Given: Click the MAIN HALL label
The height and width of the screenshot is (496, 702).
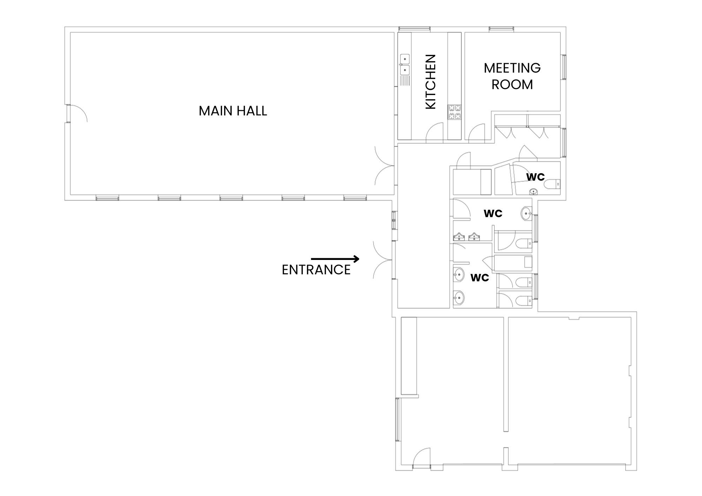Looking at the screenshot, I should click(233, 111).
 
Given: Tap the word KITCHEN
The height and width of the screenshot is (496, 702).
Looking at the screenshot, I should click(430, 82).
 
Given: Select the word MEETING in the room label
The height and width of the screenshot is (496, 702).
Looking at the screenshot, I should click(512, 68).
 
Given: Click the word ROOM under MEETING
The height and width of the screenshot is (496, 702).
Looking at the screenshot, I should click(512, 85).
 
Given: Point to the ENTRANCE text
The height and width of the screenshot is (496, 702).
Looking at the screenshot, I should click(316, 270).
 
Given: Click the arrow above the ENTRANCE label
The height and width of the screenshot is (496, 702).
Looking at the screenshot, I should click(335, 259).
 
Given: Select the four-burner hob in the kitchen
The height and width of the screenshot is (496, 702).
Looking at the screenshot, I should click(455, 112).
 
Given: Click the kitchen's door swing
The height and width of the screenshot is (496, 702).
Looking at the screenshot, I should click(435, 133).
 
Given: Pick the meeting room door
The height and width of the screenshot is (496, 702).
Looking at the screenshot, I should click(477, 133).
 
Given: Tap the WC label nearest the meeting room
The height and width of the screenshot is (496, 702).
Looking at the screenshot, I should click(535, 177).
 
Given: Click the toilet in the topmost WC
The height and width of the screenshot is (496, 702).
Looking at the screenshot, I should click(553, 184).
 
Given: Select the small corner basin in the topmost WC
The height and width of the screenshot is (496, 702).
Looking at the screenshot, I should click(534, 192).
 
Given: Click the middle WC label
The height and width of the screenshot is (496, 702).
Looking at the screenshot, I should click(493, 213).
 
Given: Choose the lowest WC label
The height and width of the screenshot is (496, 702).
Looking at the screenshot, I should click(479, 277).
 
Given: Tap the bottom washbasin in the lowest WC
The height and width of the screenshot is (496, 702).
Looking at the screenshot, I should click(458, 298).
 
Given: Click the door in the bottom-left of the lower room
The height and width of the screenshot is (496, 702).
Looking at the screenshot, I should click(422, 458).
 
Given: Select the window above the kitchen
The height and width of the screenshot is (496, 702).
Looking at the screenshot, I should click(415, 29).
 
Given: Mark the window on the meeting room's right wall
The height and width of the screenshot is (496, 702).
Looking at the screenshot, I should click(563, 67).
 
